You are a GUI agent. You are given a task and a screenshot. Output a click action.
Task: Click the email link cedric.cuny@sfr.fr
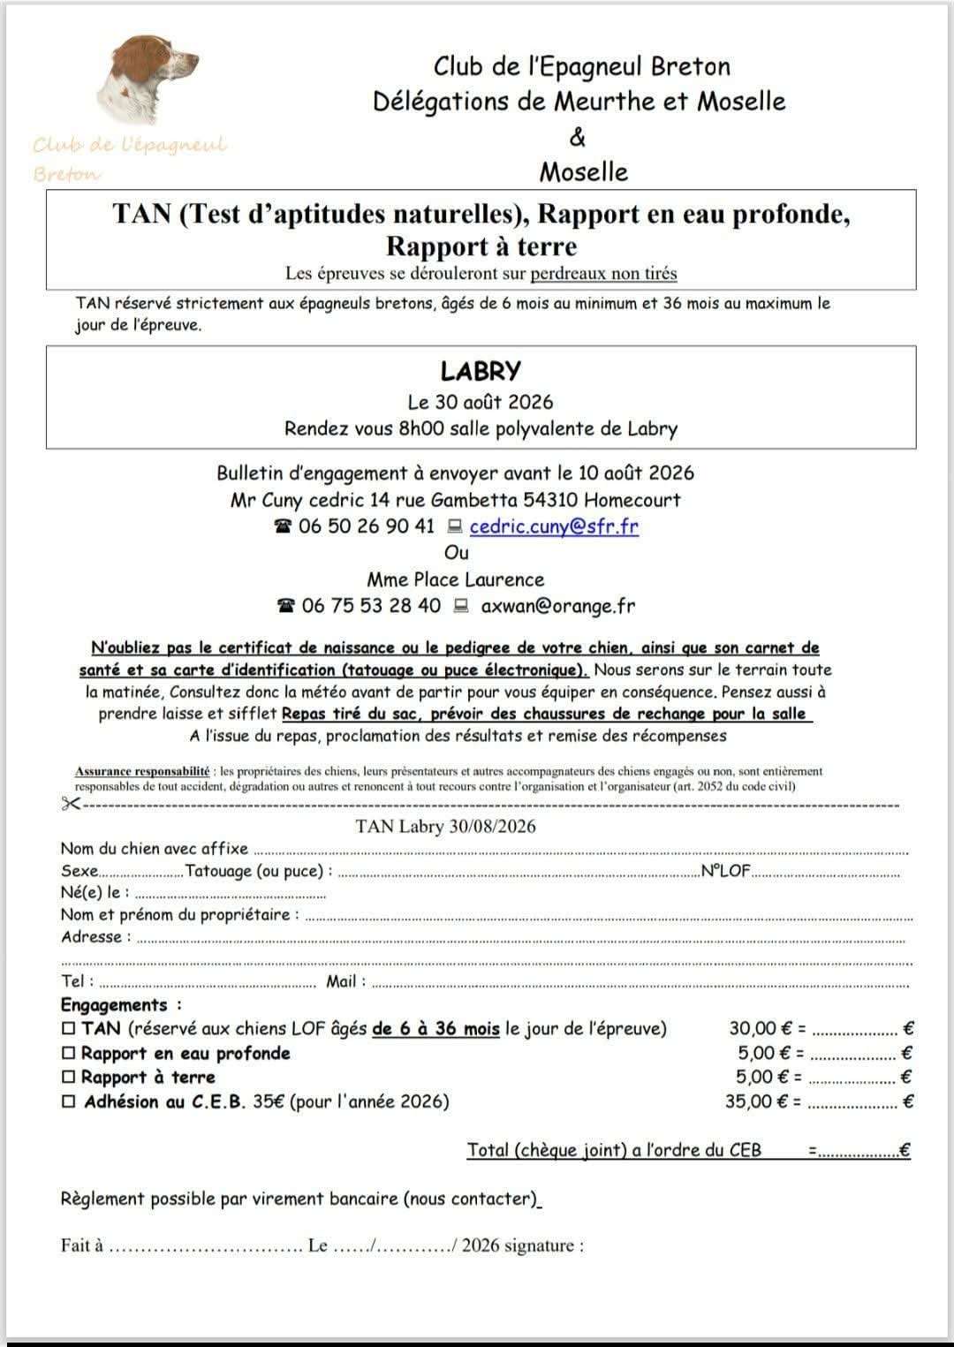tap(554, 526)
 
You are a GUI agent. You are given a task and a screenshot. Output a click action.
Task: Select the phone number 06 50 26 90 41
tap(367, 526)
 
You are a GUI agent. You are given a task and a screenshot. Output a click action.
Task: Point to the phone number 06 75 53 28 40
tap(371, 606)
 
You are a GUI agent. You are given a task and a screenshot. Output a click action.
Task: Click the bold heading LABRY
tap(481, 370)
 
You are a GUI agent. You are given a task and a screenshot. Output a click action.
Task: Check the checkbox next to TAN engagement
tap(69, 1028)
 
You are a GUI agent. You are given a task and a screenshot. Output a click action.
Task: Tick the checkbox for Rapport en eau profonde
tap(69, 1053)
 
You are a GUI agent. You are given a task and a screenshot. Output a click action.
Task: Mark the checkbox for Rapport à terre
tap(69, 1077)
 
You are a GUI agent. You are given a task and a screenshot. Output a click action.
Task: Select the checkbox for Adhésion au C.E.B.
tap(69, 1101)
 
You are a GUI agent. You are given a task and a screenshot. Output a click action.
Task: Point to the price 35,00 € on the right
tap(756, 1101)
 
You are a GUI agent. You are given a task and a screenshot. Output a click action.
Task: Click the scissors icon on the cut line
tap(71, 804)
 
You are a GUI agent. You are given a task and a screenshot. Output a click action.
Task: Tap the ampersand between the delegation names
tap(578, 137)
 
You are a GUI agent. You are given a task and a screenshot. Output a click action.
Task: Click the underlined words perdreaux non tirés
tap(603, 274)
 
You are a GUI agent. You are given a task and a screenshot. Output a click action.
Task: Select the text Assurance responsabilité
tap(142, 771)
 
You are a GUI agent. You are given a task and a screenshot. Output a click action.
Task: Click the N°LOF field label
tap(725, 871)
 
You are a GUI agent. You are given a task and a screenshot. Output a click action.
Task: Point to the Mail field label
tap(341, 981)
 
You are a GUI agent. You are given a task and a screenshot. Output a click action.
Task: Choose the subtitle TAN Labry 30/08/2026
tap(445, 827)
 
